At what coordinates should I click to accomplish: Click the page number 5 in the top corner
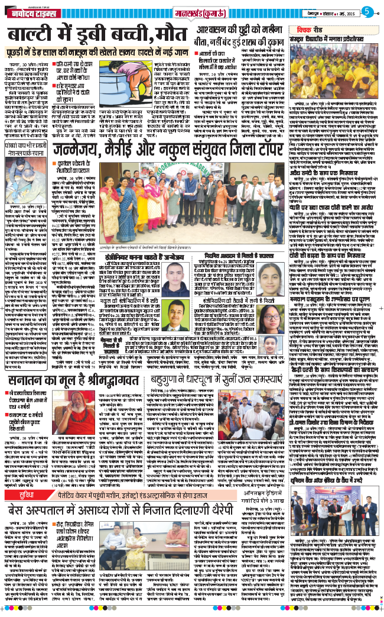[366, 11]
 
